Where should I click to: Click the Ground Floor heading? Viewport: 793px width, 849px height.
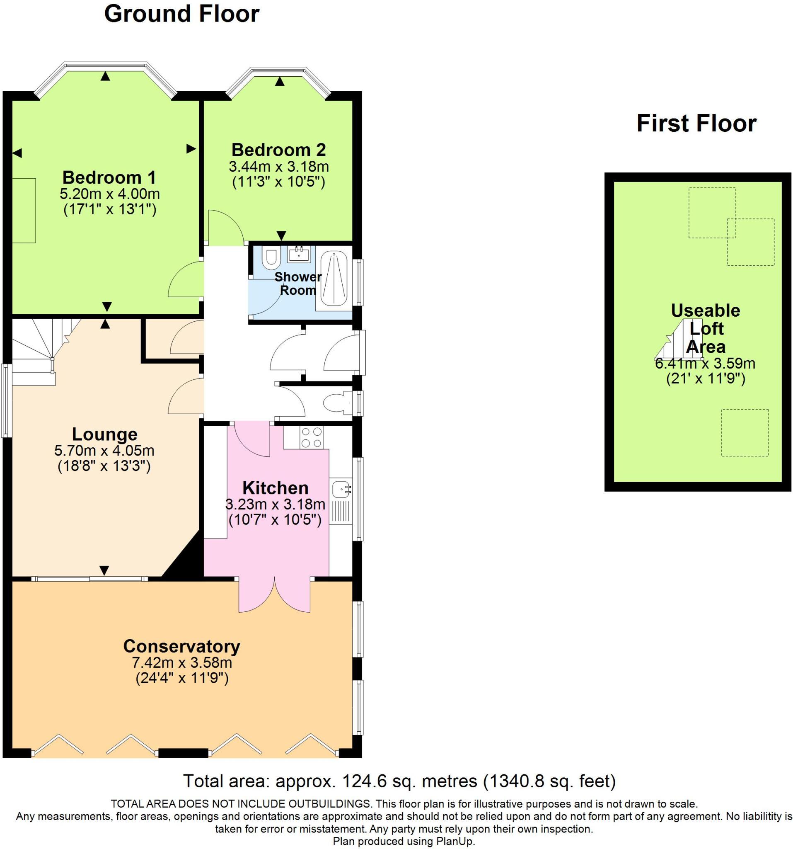pyautogui.click(x=181, y=14)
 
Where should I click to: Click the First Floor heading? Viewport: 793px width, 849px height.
pyautogui.click(x=696, y=124)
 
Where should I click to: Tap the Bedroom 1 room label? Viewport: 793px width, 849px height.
pyautogui.click(x=109, y=177)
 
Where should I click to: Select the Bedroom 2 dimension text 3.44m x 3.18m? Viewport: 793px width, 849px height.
pyautogui.click(x=279, y=166)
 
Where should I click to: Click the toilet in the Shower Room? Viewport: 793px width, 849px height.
pyautogui.click(x=271, y=257)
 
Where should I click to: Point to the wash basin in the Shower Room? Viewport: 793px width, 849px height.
pyautogui.click(x=299, y=254)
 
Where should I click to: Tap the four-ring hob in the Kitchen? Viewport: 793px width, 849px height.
pyautogui.click(x=311, y=437)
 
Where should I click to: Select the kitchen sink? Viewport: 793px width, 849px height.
pyautogui.click(x=341, y=488)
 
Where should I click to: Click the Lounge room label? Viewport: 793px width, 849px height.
pyautogui.click(x=104, y=434)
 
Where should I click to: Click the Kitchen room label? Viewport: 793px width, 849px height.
pyautogui.click(x=275, y=488)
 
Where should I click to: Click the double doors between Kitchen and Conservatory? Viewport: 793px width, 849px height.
pyautogui.click(x=274, y=596)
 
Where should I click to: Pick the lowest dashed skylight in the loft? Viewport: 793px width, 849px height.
pyautogui.click(x=745, y=433)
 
